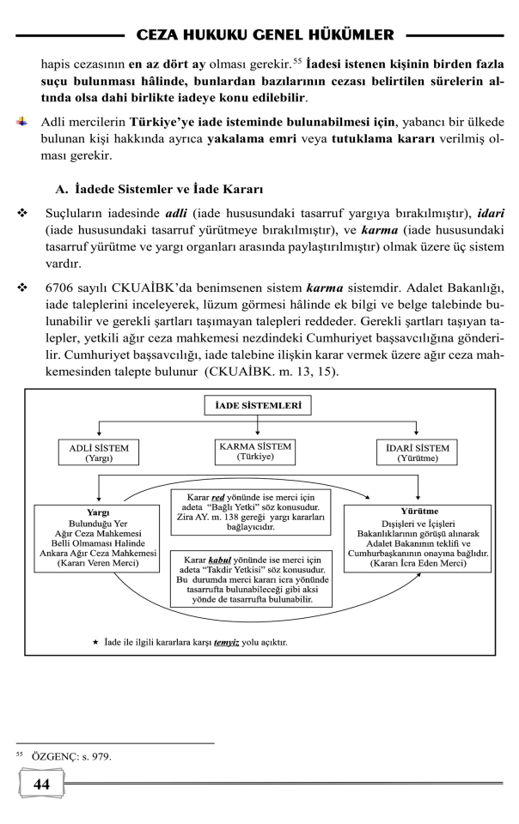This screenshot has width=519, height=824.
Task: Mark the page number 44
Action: tap(41, 784)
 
